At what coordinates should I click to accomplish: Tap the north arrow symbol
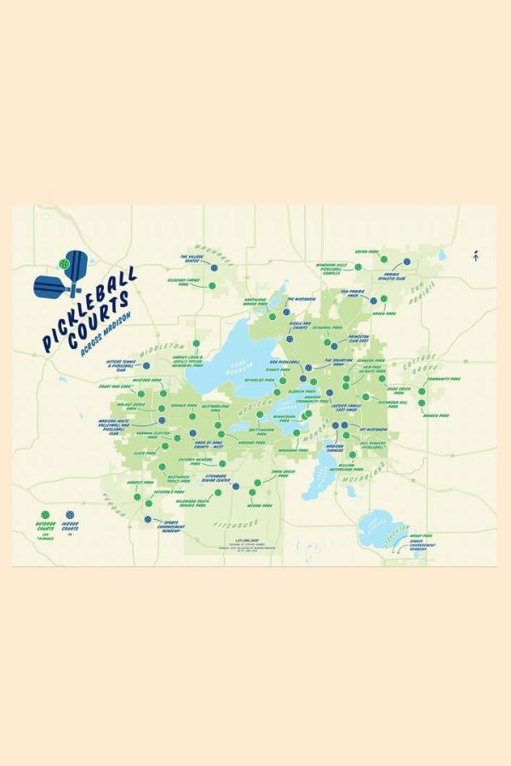[475, 254]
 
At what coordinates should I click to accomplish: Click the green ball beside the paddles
[65, 265]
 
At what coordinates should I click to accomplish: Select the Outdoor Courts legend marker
[44, 515]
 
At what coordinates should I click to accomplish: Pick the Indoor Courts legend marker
[69, 515]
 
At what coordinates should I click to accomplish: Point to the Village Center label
[189, 257]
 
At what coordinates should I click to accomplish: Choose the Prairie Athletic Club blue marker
[407, 261]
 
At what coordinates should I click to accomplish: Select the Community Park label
[443, 379]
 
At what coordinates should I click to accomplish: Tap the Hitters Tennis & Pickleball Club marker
[147, 365]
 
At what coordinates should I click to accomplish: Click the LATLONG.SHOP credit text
[233, 540]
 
